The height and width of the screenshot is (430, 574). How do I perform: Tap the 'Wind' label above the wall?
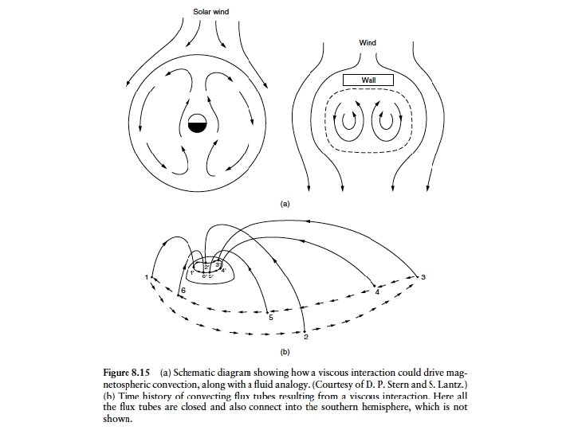(368, 42)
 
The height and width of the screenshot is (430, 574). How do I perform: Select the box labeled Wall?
(368, 80)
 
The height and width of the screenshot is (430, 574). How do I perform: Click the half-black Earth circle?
(198, 125)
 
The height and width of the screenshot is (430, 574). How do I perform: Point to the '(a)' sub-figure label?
(285, 205)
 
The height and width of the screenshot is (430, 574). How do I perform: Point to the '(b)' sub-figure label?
(285, 351)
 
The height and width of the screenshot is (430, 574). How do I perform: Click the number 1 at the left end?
(147, 276)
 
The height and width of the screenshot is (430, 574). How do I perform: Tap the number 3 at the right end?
(424, 276)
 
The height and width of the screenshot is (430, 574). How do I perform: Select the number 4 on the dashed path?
(377, 292)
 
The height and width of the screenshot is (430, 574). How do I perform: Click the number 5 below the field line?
(271, 319)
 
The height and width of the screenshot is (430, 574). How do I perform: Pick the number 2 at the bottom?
(306, 338)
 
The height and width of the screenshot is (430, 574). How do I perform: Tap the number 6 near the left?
(183, 292)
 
